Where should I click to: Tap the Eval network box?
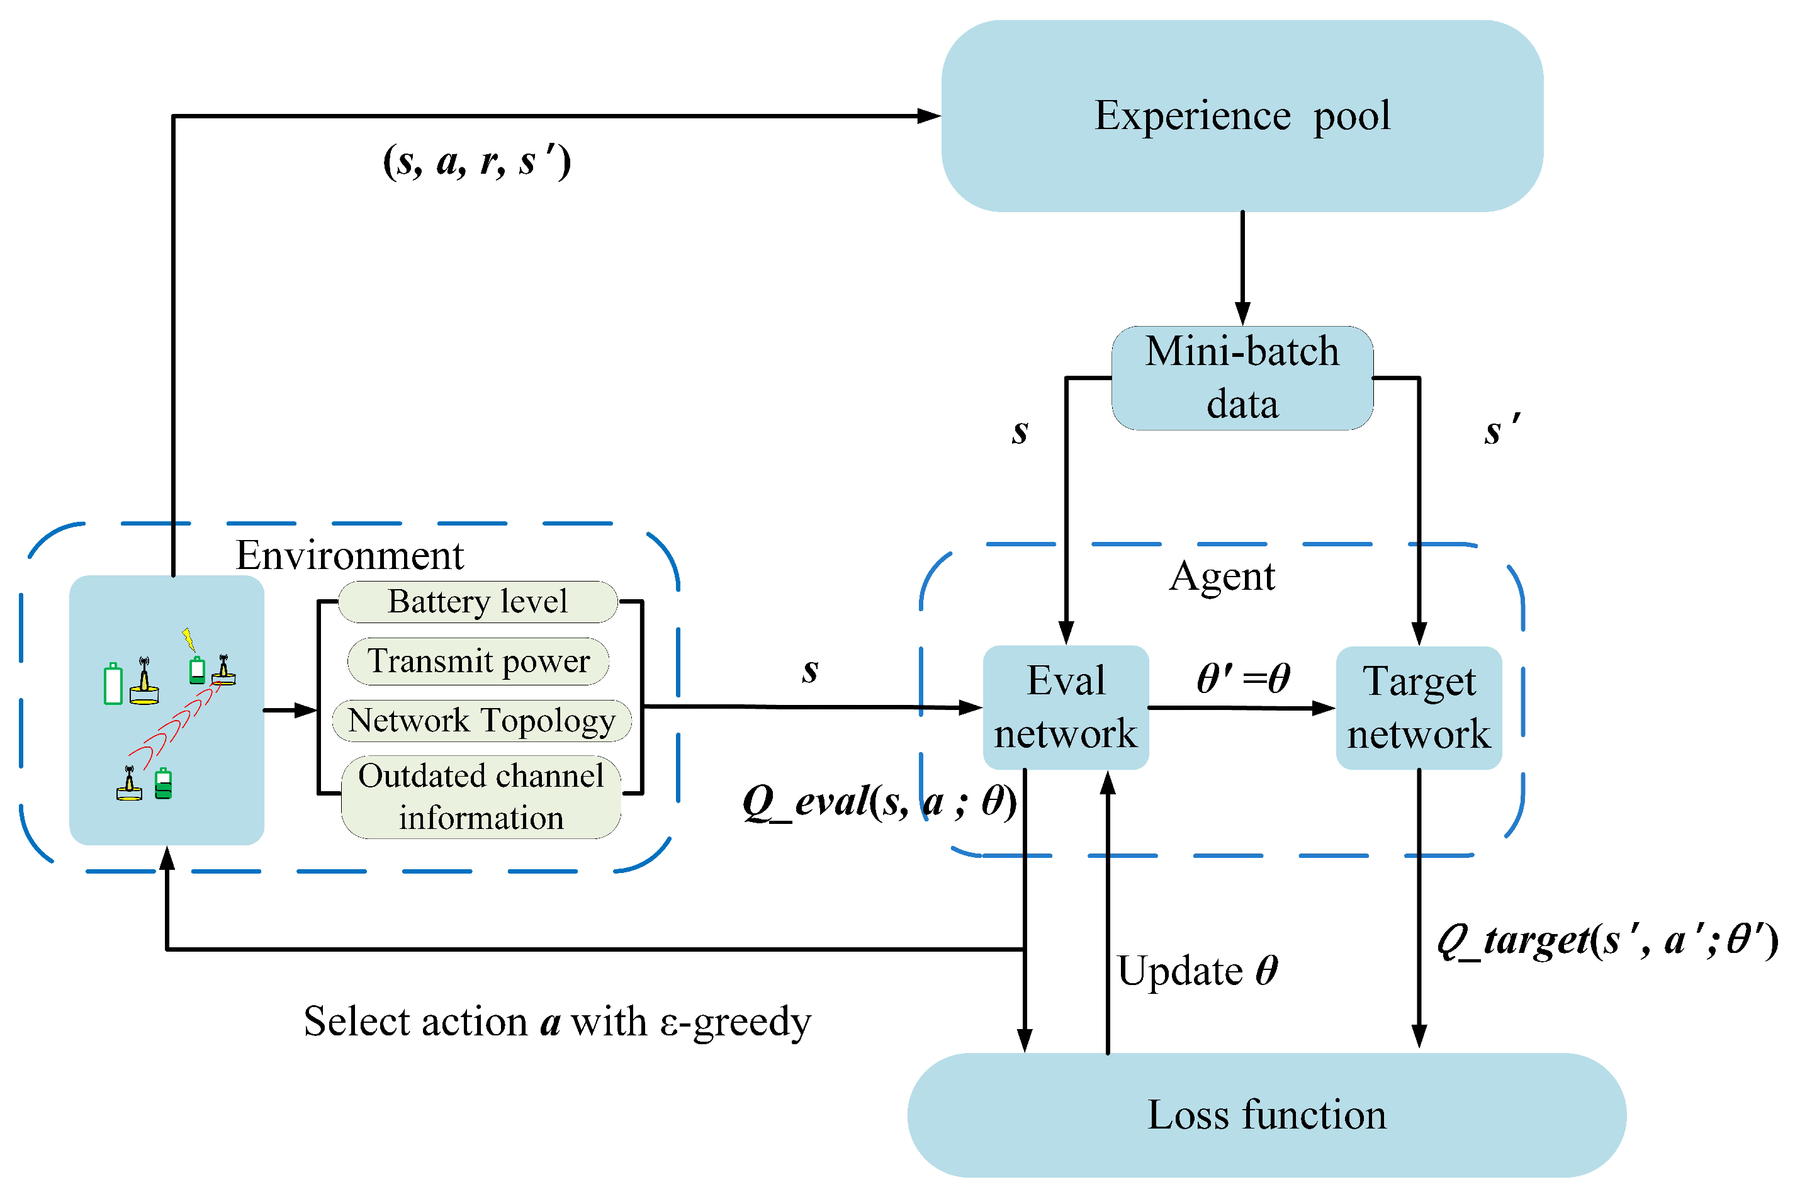(1065, 707)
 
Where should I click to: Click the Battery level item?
(477, 602)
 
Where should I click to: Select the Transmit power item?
(478, 661)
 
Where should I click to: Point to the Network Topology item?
(481, 720)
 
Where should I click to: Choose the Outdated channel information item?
(480, 796)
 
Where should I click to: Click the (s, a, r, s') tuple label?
(476, 161)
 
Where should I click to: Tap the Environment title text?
(349, 555)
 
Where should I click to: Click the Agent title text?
(1221, 577)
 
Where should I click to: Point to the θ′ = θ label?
(1242, 678)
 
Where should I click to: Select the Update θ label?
(1196, 972)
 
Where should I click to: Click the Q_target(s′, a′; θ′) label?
(1606, 941)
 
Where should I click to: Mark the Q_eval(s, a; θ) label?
(879, 802)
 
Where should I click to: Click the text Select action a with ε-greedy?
(556, 1022)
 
